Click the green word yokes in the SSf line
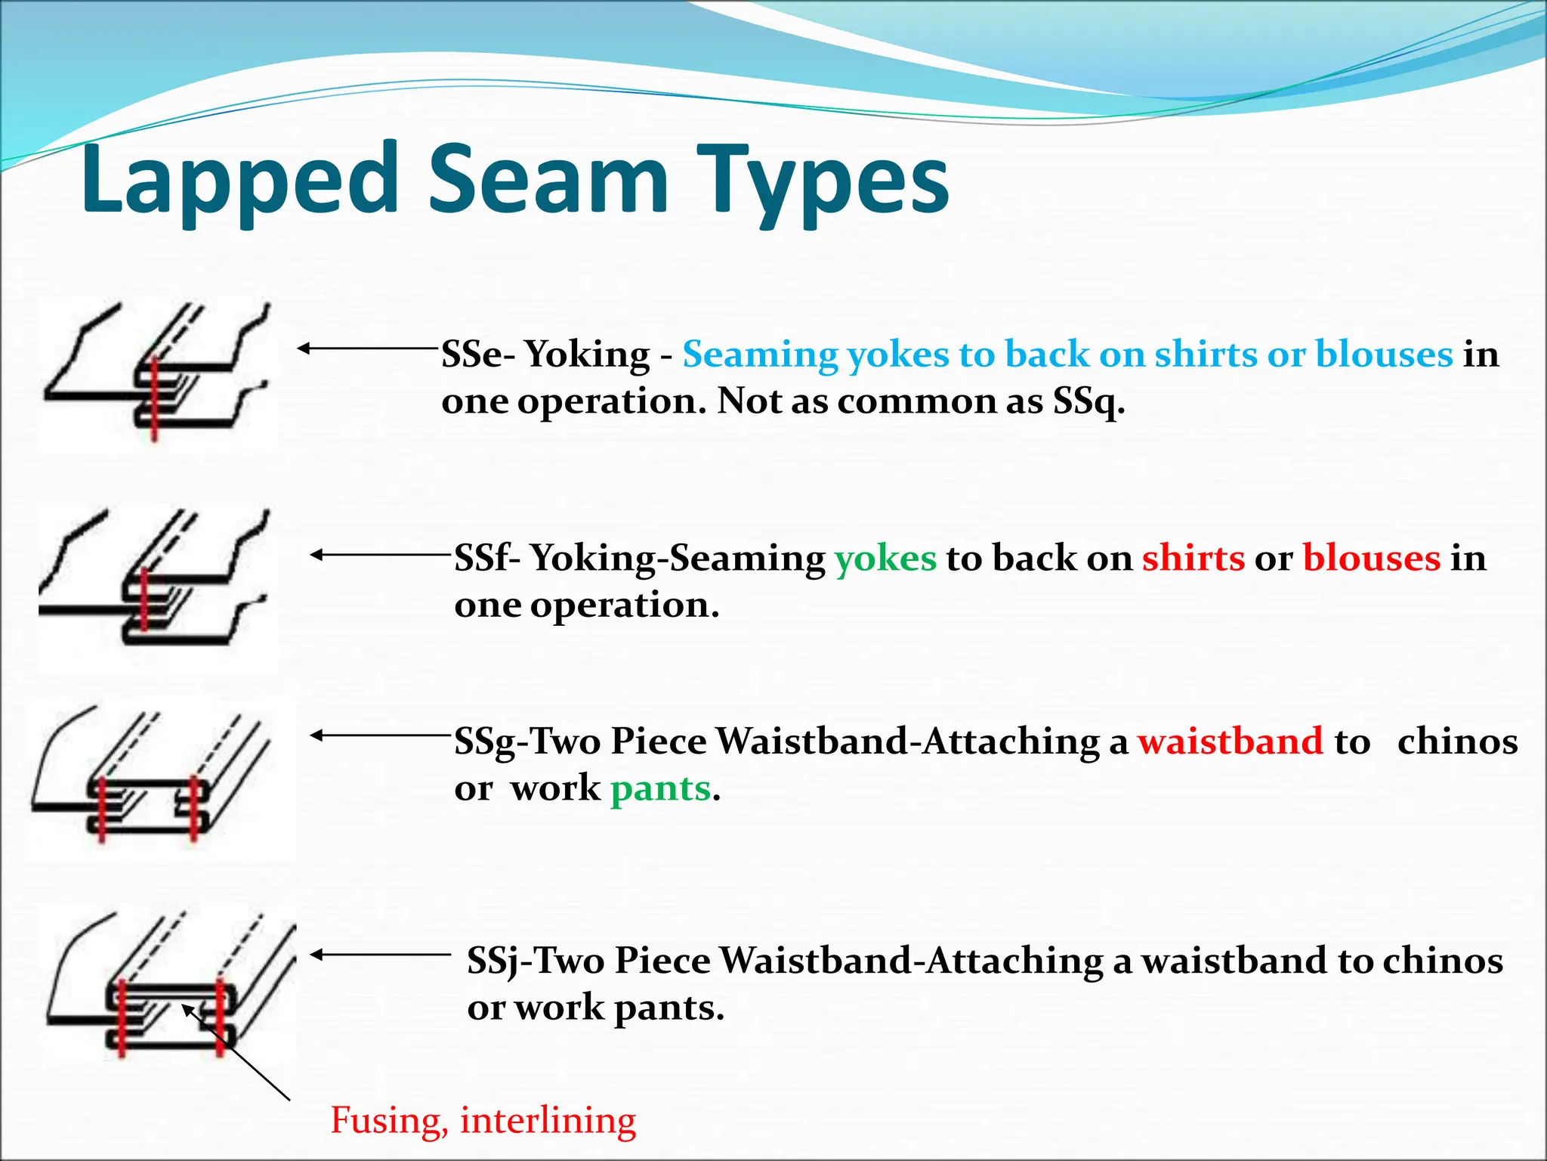tap(885, 559)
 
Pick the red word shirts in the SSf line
tap(1193, 559)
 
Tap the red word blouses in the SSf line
tap(1372, 559)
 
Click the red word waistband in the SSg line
tap(1230, 741)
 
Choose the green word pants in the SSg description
tap(661, 788)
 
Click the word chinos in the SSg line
tap(1457, 741)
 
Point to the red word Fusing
tap(385, 1120)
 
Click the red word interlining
tap(548, 1120)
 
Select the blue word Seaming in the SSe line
tap(760, 354)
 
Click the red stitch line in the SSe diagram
tap(154, 401)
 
